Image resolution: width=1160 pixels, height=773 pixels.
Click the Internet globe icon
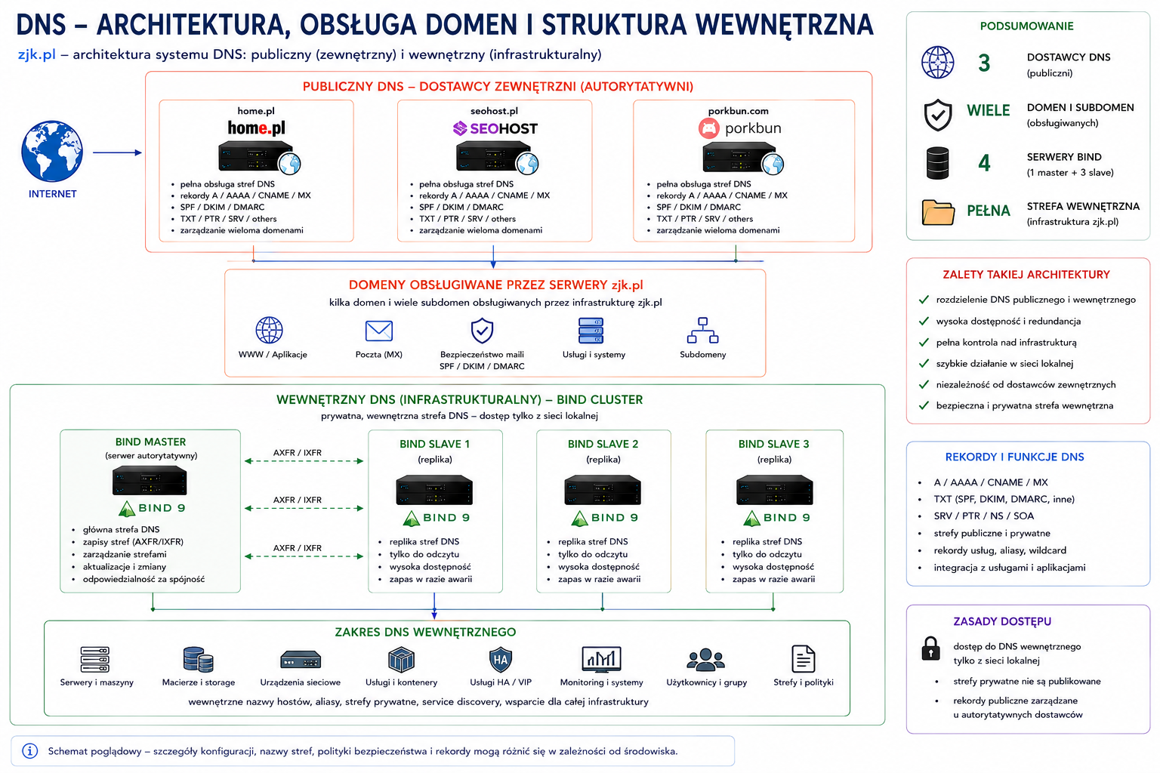pos(52,151)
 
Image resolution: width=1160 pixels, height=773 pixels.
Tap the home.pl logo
pos(256,128)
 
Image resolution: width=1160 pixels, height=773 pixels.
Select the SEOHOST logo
pos(495,128)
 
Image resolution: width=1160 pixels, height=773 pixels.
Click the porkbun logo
pos(739,128)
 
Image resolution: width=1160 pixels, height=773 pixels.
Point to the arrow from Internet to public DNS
pos(117,152)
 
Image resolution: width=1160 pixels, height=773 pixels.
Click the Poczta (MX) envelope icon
pos(379,331)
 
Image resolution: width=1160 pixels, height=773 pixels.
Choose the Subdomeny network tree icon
pos(703,331)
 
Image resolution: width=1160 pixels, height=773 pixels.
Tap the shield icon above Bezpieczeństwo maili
pos(482,331)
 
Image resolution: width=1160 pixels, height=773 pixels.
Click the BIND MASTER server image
pos(150,480)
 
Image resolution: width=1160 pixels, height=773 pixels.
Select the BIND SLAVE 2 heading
pos(603,444)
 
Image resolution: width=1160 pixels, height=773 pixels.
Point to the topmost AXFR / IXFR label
pos(298,452)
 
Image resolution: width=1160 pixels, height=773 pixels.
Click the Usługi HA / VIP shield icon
pos(500,660)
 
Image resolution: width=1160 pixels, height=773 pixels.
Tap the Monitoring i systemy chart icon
pos(601,660)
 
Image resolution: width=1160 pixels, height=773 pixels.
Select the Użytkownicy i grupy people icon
pos(706,660)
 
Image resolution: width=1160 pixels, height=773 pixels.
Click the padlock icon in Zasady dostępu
pos(930,648)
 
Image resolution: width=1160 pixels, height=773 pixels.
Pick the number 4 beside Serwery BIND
pos(984,163)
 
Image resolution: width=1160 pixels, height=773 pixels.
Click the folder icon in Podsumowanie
pos(938,212)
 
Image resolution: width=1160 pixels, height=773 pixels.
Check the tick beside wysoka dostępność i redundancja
pos(924,321)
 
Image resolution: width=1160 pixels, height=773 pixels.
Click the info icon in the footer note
pos(30,751)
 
